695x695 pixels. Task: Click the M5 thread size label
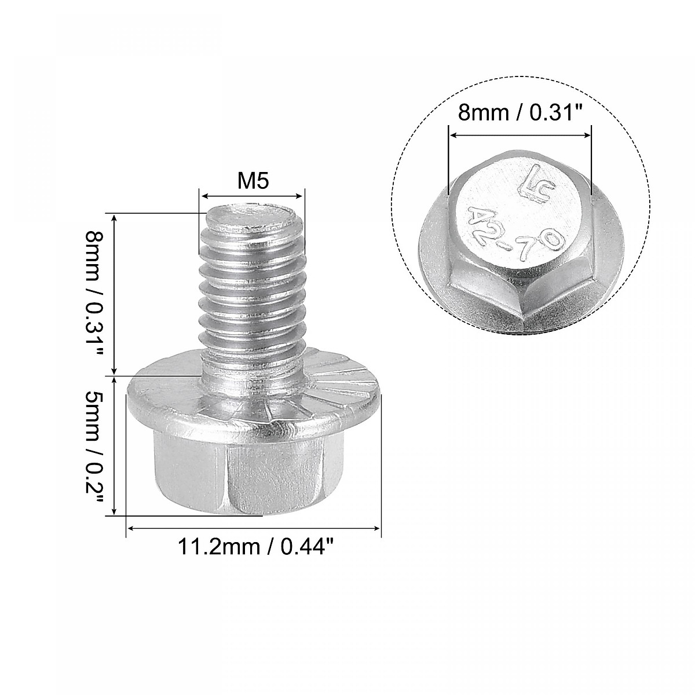253,182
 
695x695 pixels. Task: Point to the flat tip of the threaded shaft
253,217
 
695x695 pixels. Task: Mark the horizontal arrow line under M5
253,196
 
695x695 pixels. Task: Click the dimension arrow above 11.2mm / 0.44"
254,528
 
